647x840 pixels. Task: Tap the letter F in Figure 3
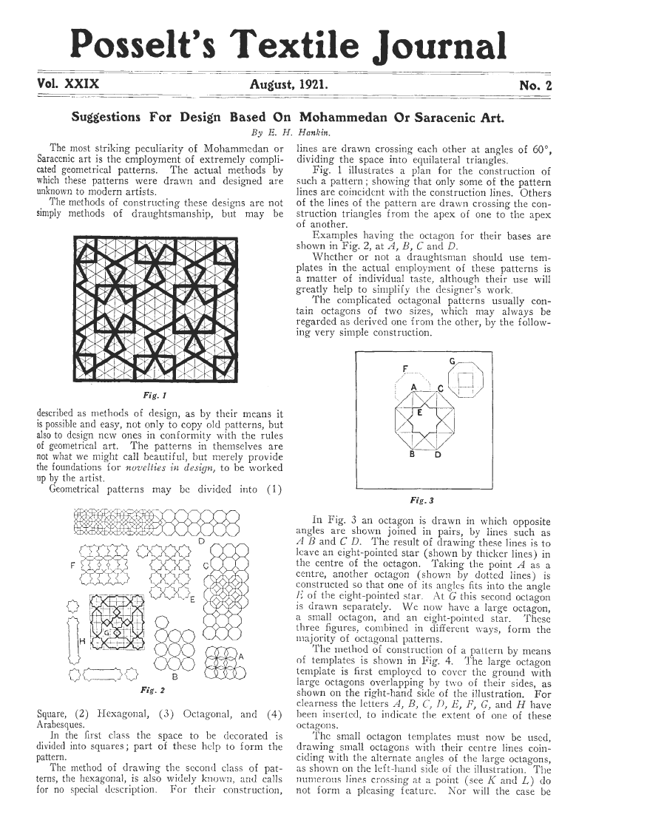click(x=404, y=368)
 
